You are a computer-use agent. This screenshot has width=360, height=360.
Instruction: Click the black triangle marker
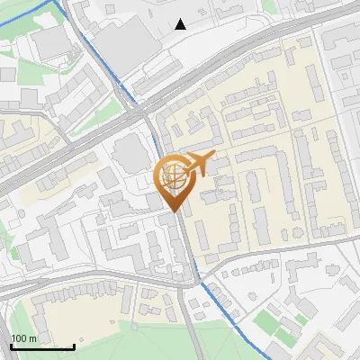pos(181,24)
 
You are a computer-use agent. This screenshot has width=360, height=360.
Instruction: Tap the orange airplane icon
pos(198,164)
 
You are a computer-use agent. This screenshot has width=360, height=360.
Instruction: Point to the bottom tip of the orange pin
pos(175,212)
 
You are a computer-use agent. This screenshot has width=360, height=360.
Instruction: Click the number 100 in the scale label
pos(19,338)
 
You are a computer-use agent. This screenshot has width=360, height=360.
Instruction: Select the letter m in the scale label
pos(32,338)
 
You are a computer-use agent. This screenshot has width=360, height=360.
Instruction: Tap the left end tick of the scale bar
pos(10,346)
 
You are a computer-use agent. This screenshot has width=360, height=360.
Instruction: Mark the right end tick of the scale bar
pos(74,346)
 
